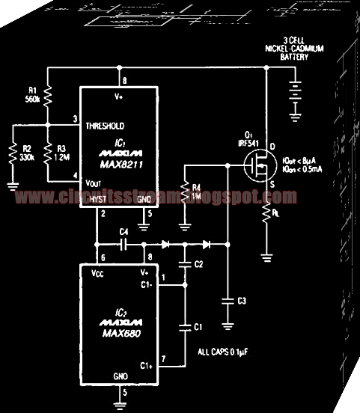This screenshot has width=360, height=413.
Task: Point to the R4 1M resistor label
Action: click(x=198, y=192)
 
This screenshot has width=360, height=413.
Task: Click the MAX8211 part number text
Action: click(x=117, y=164)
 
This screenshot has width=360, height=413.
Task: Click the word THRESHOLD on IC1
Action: click(x=109, y=125)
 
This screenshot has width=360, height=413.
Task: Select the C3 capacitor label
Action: click(x=241, y=301)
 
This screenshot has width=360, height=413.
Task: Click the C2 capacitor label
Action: click(x=198, y=264)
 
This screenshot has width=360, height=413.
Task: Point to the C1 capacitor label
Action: click(x=198, y=328)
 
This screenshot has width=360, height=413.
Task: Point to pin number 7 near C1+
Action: click(x=163, y=359)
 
